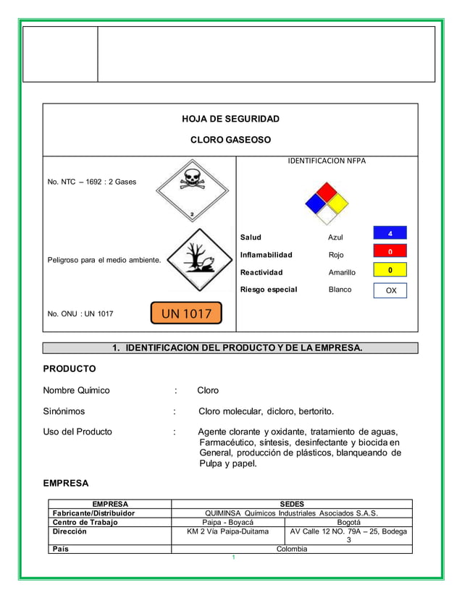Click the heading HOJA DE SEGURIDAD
[x=230, y=119]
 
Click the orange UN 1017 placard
[x=186, y=313]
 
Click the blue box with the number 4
[x=390, y=234]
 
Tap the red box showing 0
[x=390, y=251]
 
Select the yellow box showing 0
[x=390, y=270]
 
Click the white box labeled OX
[x=390, y=290]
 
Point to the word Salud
[x=251, y=237]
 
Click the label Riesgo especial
[x=268, y=290]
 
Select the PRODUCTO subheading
[x=70, y=369]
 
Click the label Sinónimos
[x=64, y=411]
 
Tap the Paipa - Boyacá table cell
[x=227, y=521]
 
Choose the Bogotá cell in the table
[x=348, y=521]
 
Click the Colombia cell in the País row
[x=292, y=549]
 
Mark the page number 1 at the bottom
[x=232, y=557]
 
